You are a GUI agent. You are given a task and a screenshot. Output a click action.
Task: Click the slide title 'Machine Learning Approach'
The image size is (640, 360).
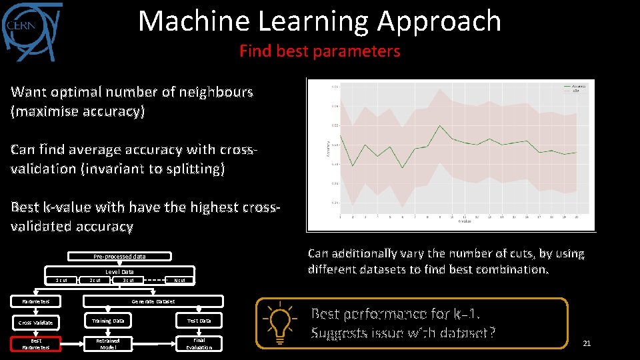point(319,21)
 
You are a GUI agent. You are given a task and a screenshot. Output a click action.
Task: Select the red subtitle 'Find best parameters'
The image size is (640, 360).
point(319,51)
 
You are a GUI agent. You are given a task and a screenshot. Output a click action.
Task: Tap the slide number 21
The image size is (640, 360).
point(587,343)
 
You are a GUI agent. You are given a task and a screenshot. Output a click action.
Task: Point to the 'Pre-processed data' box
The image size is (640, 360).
point(119,257)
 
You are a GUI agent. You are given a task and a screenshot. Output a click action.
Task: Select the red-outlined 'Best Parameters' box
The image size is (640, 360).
point(35,344)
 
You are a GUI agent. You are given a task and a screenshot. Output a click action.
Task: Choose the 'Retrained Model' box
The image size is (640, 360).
point(107,344)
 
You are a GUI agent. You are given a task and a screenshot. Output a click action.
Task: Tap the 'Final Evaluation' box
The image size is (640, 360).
point(199,344)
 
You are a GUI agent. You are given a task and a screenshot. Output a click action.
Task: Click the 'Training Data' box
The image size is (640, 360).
point(107,321)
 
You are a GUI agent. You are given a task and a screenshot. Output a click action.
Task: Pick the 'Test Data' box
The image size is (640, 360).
point(199,321)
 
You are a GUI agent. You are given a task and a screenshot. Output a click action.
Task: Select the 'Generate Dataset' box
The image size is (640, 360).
point(153,301)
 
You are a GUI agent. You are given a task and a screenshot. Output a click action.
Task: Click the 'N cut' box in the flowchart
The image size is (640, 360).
point(179,280)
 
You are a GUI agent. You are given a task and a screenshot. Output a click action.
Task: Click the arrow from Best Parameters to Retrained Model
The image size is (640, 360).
point(72,344)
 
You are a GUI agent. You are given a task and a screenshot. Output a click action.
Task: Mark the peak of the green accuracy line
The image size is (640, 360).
point(439,125)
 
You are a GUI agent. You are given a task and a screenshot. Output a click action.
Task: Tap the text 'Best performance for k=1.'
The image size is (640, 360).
point(397,314)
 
